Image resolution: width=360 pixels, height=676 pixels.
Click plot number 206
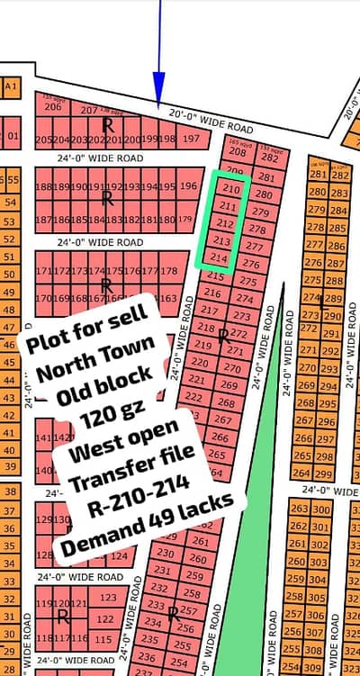53,107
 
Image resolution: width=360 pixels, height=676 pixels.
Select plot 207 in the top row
88,111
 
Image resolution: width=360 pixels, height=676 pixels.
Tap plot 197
191,139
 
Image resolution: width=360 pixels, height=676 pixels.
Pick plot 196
188,186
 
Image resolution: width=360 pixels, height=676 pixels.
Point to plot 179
186,220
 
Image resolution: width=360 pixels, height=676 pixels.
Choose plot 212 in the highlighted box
226,224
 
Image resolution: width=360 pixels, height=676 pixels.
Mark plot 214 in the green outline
219,257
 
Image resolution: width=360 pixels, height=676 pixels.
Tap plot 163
166,298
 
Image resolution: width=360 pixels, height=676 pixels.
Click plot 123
108,597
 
